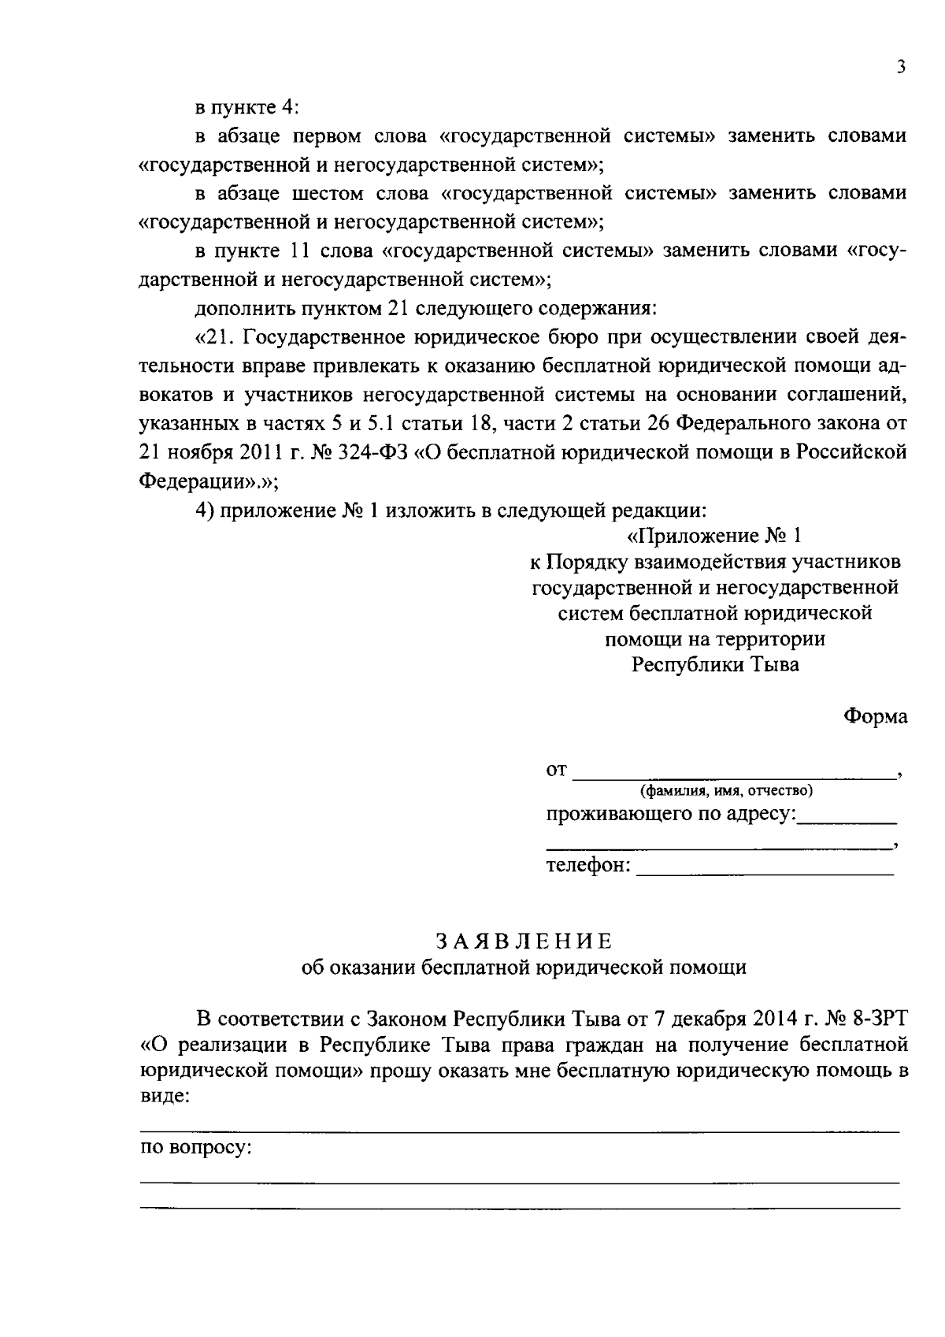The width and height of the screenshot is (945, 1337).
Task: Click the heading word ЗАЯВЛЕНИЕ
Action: click(524, 941)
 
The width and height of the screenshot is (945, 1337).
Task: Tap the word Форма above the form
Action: click(875, 716)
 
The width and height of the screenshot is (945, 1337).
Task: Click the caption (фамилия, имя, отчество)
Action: click(726, 790)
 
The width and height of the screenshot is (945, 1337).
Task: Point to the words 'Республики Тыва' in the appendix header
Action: click(715, 664)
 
